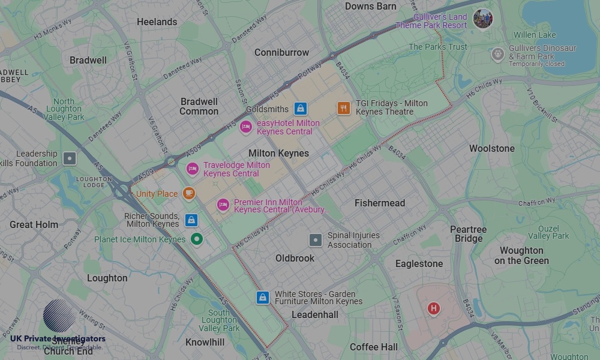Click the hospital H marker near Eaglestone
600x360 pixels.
(433, 308)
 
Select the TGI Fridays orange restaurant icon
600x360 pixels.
(343, 108)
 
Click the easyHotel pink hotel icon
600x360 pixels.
(245, 127)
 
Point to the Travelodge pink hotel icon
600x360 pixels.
(192, 169)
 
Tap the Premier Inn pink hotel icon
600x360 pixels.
(223, 206)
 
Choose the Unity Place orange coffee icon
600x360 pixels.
(189, 193)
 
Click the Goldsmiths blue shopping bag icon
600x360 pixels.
(301, 109)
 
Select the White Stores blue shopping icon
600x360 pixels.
(262, 298)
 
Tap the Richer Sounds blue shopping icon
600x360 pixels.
(191, 220)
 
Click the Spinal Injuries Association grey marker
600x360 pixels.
(316, 241)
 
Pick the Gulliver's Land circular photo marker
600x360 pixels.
(482, 19)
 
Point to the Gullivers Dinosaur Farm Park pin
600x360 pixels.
(497, 55)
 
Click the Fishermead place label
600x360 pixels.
(380, 203)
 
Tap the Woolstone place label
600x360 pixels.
(491, 148)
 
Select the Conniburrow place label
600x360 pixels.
(281, 53)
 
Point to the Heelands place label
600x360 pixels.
(157, 22)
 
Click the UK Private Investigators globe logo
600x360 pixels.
(59, 316)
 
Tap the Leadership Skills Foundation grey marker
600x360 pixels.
(70, 158)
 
